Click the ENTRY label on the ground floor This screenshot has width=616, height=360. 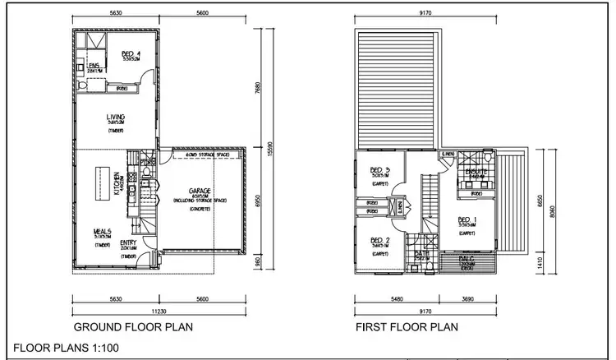[x=128, y=242]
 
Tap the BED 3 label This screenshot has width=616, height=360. [x=379, y=170]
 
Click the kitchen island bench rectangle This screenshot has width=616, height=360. [x=103, y=182]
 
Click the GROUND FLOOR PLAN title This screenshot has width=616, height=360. [x=133, y=327]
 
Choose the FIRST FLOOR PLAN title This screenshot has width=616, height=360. [x=406, y=327]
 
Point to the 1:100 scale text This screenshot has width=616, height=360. [x=106, y=348]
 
